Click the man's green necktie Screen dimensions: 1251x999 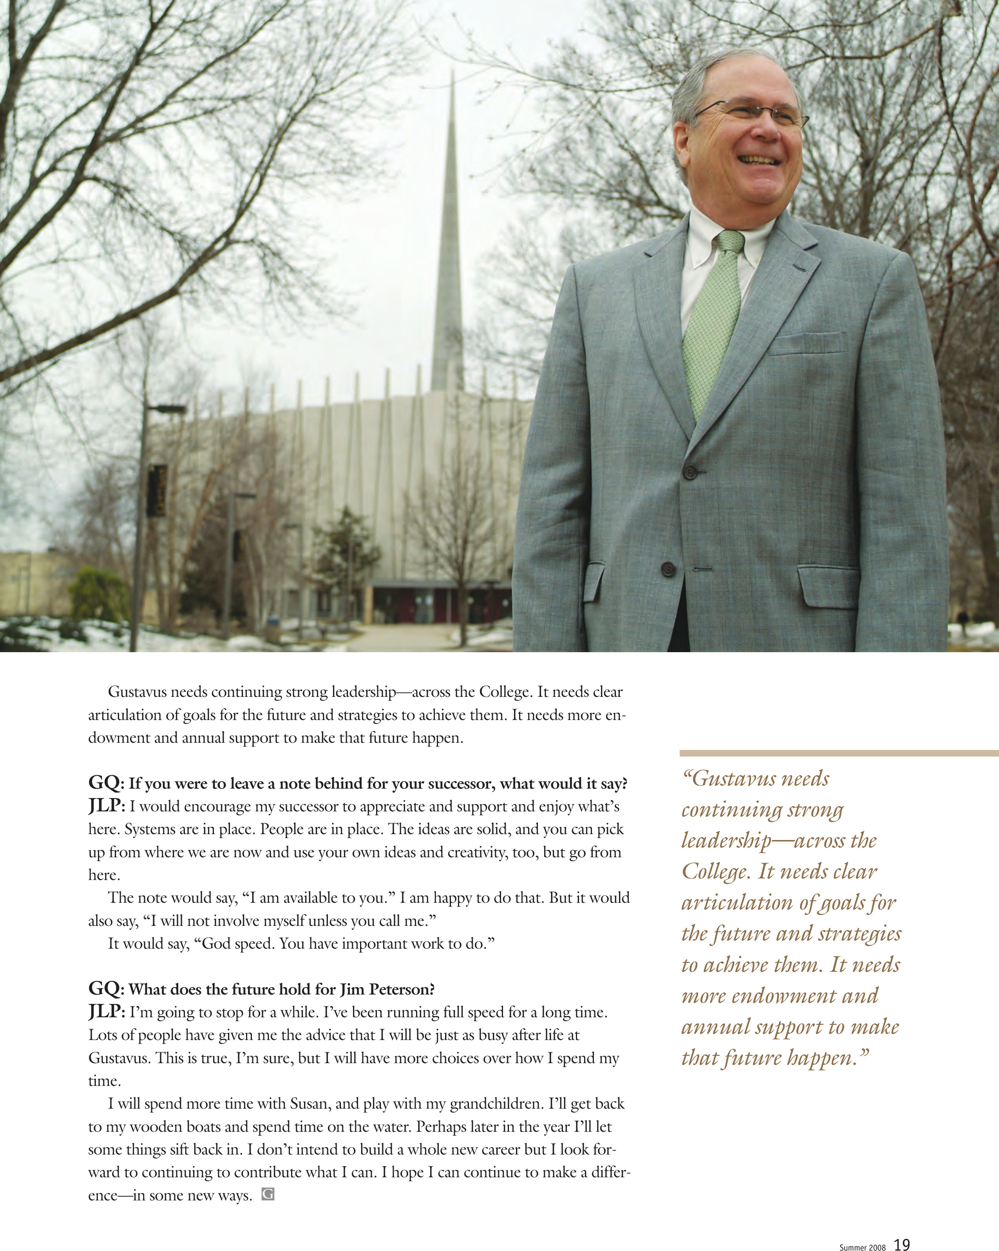(712, 325)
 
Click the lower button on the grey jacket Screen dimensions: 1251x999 (668, 569)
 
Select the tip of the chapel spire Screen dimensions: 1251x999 (452, 73)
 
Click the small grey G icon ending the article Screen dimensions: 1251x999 (268, 1194)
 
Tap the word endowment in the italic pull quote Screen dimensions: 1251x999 (783, 996)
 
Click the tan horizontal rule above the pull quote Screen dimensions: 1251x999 (838, 753)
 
